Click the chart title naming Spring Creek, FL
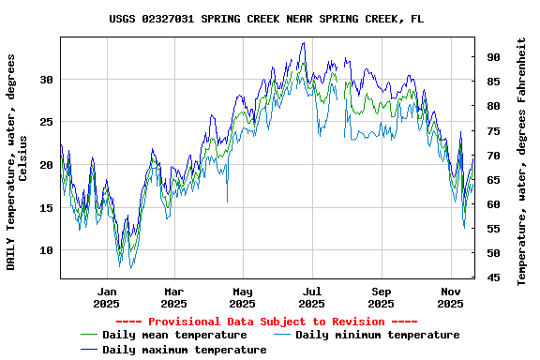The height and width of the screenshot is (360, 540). [266, 18]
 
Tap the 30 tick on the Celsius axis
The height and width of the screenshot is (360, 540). [47, 80]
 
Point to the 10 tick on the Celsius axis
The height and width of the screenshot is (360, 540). [47, 250]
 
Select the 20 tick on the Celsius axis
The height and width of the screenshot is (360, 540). [47, 165]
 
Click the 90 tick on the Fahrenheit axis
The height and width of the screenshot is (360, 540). [491, 57]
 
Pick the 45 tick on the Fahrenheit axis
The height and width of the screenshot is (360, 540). [491, 277]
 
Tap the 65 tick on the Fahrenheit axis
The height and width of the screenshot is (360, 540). [491, 180]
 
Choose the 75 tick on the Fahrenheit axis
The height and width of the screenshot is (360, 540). [491, 130]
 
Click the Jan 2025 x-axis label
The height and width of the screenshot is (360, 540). [106, 297]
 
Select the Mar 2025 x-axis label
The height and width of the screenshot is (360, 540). [173, 297]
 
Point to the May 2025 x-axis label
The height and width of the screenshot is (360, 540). [243, 297]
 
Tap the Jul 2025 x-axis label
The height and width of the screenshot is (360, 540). [312, 297]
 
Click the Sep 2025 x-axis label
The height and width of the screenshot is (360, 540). [381, 297]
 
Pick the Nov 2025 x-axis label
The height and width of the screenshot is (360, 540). [451, 297]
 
